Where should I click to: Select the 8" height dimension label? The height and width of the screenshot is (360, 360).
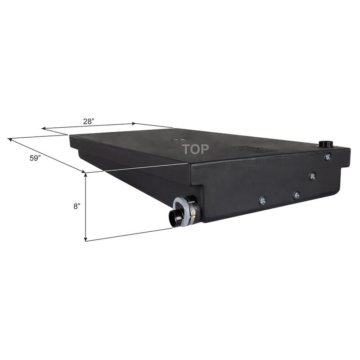coord(77,206)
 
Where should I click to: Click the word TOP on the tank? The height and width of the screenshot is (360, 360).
coord(195,149)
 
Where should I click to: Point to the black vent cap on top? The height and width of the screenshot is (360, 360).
coord(325,144)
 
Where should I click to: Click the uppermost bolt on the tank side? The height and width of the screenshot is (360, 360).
coord(328,157)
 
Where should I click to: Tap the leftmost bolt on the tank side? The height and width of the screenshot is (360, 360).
coord(261,200)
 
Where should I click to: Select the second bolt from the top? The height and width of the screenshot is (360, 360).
coord(312,176)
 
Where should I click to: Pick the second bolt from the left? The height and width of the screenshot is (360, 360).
coord(297,195)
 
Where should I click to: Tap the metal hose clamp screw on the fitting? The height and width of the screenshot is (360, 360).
coord(193,210)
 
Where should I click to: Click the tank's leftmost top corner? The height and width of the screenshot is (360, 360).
coord(70,137)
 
